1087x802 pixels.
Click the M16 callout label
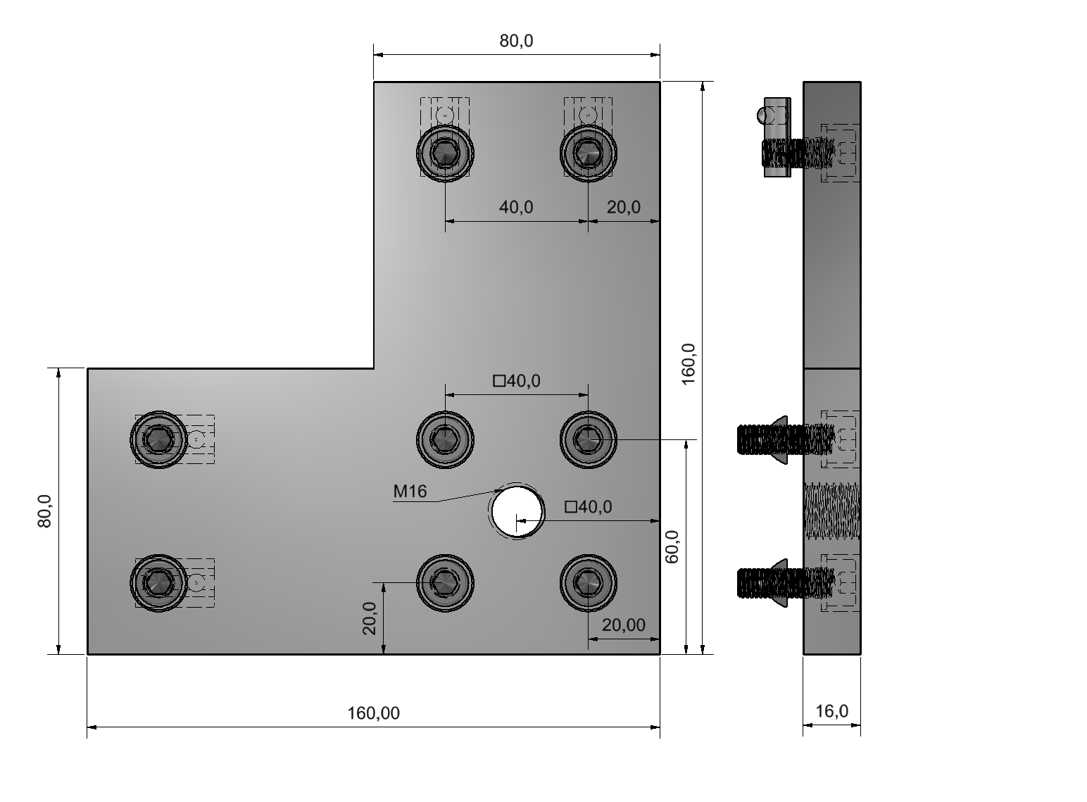(410, 491)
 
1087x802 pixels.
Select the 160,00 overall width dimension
(373, 713)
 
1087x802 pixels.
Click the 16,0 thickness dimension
(831, 711)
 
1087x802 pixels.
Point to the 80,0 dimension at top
(516, 41)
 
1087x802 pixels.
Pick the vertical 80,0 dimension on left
(44, 511)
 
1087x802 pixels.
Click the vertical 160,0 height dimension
(688, 364)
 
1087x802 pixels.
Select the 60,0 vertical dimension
(672, 546)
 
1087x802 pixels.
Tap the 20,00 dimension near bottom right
(623, 625)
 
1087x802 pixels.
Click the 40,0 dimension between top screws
(516, 207)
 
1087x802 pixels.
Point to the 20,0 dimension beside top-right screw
(624, 207)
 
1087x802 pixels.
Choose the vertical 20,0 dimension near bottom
(370, 618)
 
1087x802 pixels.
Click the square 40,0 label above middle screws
(517, 381)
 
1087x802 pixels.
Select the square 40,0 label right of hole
(589, 507)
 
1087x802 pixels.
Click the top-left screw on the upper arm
(445, 153)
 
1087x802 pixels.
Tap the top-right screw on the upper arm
(588, 153)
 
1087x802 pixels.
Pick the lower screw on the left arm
(159, 582)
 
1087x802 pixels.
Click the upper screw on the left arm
(159, 439)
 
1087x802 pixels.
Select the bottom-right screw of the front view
(588, 582)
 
